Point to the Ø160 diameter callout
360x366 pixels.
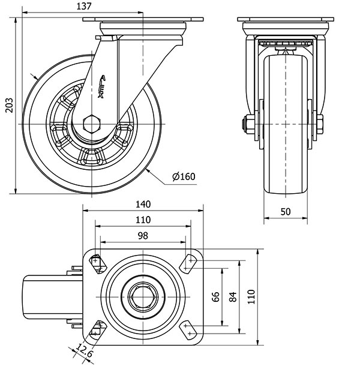pyautogui.click(x=184, y=176)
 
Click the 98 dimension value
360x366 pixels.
pyautogui.click(x=142, y=235)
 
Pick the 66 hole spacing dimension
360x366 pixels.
pyautogui.click(x=217, y=296)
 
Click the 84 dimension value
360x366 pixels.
pyautogui.click(x=233, y=296)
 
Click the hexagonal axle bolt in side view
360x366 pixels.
pyautogui.click(x=92, y=124)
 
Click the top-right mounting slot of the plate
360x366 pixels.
pyautogui.click(x=190, y=262)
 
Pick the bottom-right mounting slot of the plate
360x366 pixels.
pyautogui.click(x=190, y=328)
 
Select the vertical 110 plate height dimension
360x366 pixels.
pyautogui.click(x=251, y=296)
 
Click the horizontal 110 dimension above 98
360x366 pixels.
pyautogui.click(x=142, y=220)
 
